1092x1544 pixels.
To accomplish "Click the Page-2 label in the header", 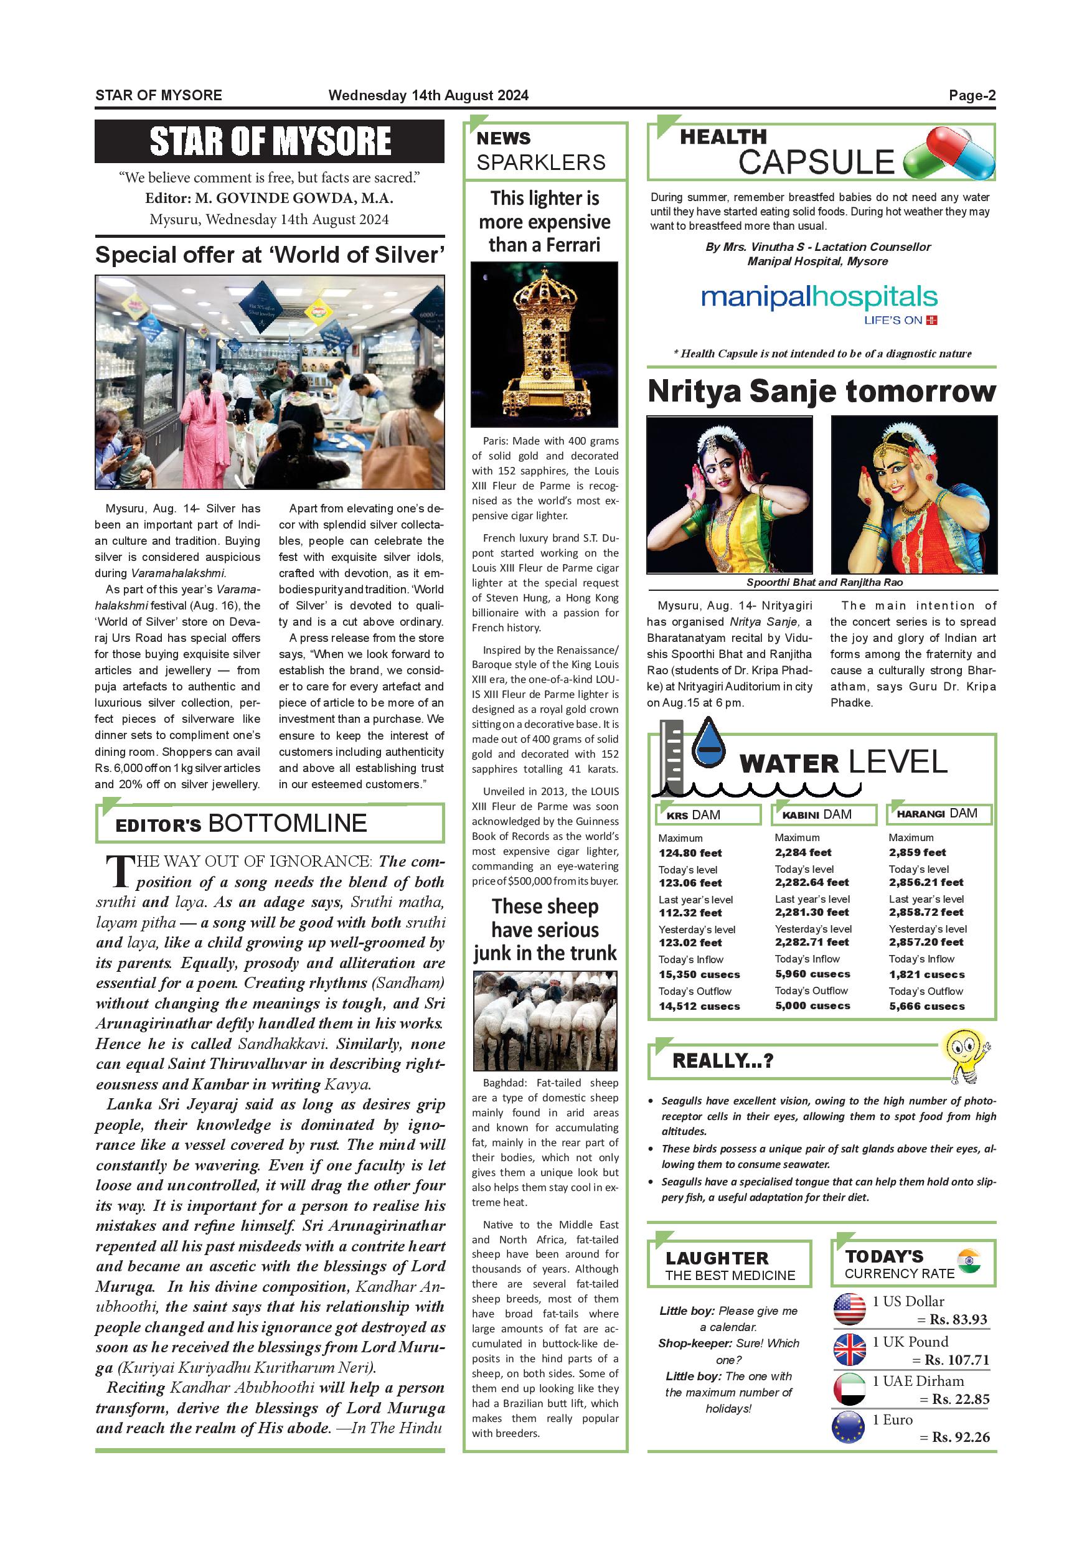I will [972, 95].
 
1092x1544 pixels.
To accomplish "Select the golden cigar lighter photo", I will [544, 344].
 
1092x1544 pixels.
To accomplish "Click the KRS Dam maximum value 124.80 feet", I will [690, 853].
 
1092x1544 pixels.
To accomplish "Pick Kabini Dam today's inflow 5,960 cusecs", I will [812, 974].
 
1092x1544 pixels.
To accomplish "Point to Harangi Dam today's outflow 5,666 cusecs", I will [926, 1006].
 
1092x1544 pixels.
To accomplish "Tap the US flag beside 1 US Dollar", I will [849, 1309].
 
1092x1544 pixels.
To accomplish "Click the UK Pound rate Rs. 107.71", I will [957, 1360].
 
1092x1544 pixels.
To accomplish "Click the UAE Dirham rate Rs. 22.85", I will [960, 1399].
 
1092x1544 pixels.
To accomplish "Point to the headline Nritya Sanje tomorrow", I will [821, 392].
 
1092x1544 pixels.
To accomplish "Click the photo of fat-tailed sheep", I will [545, 1022].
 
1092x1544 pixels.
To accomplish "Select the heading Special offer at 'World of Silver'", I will [270, 255].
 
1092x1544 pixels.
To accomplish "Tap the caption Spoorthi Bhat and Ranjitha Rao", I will [824, 582].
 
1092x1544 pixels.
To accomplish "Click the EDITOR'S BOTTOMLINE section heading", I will [242, 824].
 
